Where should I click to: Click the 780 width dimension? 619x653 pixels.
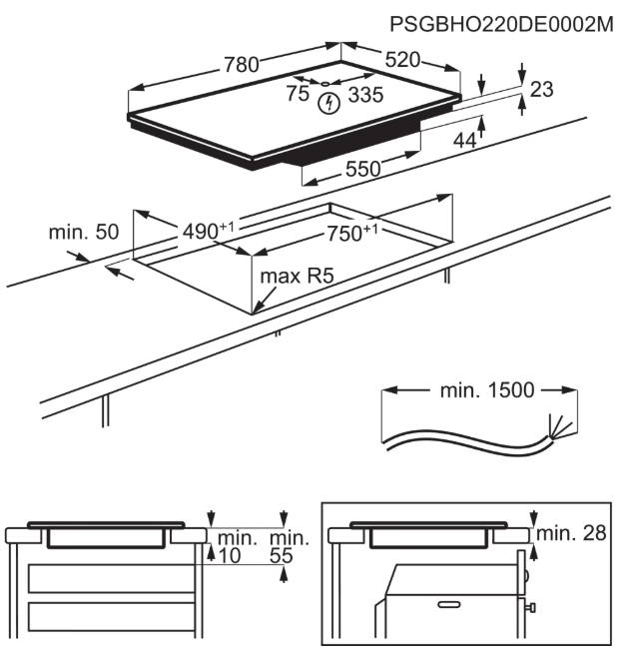241,65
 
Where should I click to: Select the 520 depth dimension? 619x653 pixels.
402,60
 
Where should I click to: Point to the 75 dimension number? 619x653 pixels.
297,94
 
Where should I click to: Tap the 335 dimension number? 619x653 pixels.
365,96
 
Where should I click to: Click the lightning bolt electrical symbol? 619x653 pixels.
326,103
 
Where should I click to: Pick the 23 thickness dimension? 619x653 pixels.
541,90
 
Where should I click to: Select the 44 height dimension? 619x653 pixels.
464,141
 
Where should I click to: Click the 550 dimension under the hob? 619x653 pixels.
363,170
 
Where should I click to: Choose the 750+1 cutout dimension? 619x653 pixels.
353,232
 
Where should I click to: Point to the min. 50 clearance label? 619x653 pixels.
83,233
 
